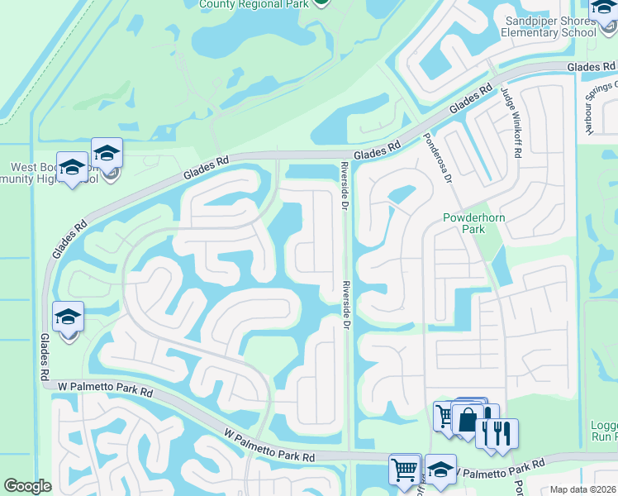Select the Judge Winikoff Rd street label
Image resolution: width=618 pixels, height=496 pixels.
(513, 115)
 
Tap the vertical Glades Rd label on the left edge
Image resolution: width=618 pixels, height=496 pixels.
(44, 356)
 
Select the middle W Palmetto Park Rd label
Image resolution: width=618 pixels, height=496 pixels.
(270, 445)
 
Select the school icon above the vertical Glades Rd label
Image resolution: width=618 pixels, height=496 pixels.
(68, 317)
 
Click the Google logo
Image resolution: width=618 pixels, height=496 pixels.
(27, 486)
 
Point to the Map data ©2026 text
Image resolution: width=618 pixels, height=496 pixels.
(583, 489)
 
